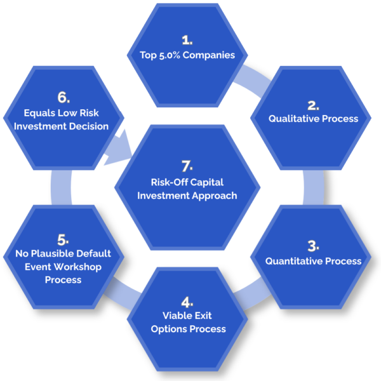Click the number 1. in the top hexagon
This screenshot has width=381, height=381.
(187, 39)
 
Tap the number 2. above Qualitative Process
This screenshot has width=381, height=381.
(313, 104)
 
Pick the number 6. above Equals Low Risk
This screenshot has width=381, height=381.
(63, 97)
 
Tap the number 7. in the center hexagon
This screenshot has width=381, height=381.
(187, 166)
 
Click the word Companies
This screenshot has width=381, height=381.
(212, 55)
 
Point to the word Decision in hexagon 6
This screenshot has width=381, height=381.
(89, 126)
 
